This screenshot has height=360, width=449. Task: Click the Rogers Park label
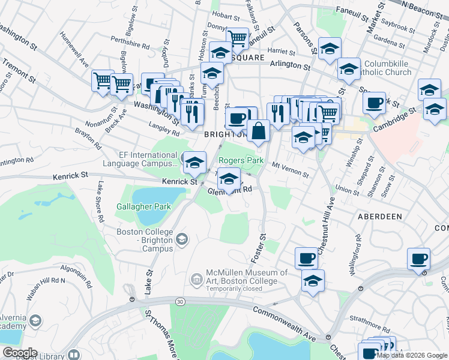tap(241, 160)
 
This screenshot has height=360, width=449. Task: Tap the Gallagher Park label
tap(143, 206)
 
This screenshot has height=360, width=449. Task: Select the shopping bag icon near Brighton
tap(258, 131)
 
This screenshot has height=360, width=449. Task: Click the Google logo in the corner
tap(20, 353)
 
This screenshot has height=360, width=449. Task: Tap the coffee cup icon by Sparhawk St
tap(375, 102)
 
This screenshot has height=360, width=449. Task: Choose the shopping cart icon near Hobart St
tap(238, 40)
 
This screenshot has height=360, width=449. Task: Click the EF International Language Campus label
tap(139, 159)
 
